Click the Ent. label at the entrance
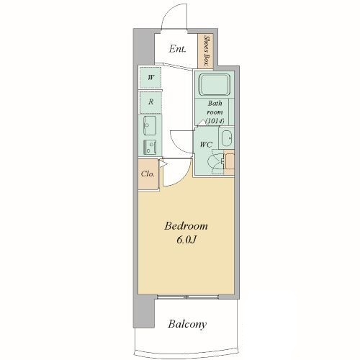(x=177, y=49)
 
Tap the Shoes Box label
(x=206, y=51)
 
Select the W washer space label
(x=150, y=78)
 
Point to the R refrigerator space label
(x=150, y=102)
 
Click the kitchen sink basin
(x=150, y=125)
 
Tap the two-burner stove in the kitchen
(x=150, y=147)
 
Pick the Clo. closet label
(x=148, y=174)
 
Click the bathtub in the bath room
(x=215, y=85)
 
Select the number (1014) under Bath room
(x=215, y=121)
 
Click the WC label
(x=206, y=145)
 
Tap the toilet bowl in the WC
(x=216, y=161)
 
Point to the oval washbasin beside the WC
(x=226, y=138)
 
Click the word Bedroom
(x=186, y=226)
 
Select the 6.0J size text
(x=186, y=240)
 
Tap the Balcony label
(x=187, y=324)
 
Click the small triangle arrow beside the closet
(x=163, y=164)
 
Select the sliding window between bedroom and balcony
(x=188, y=297)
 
